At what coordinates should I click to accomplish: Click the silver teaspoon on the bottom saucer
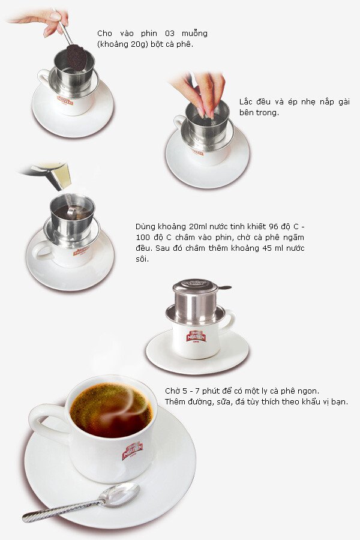pos(81,502)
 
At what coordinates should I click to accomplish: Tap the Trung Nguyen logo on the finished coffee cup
pos(133,451)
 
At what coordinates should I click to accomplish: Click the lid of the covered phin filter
pos(195,285)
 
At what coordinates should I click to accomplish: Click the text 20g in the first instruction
pos(139,44)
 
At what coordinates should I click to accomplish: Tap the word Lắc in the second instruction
pos(247,101)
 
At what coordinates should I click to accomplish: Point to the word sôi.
pos(142,259)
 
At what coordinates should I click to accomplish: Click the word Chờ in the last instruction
pos(172,391)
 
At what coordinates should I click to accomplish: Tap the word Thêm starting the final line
pos(176,401)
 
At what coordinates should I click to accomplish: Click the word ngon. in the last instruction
pos(308,391)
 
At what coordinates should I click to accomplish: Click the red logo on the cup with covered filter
pos(196,336)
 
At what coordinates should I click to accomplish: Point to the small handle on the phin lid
pos(225,287)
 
